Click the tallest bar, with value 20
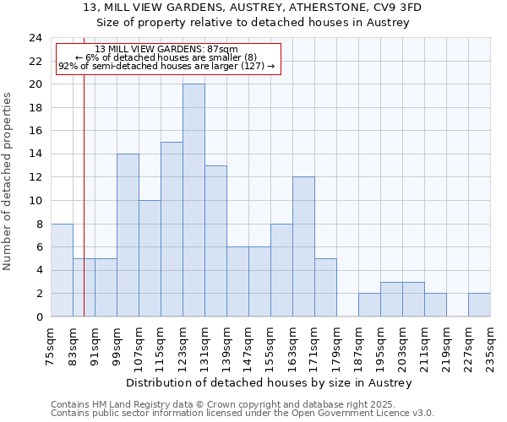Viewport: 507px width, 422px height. point(194,201)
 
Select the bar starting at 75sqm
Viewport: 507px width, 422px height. point(62,270)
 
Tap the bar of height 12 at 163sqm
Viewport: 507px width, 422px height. point(303,246)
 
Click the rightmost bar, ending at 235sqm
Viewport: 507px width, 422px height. point(479,305)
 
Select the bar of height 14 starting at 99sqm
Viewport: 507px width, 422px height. point(128,235)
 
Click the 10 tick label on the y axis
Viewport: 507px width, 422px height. point(35,201)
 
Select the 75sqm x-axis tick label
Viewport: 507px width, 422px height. point(52,345)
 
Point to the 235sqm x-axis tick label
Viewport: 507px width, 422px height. point(491,345)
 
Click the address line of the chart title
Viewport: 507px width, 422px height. point(253,8)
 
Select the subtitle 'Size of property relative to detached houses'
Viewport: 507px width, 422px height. point(253,23)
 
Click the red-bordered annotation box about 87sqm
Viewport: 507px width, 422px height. point(166,58)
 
